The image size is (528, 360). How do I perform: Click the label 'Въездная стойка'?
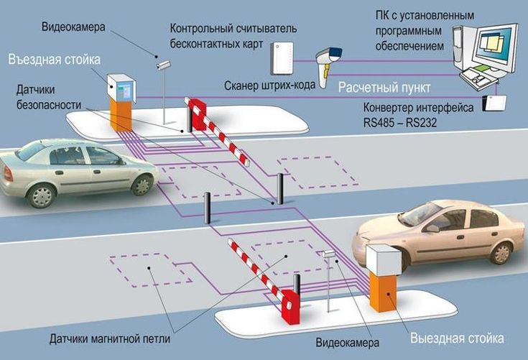[x=55, y=58]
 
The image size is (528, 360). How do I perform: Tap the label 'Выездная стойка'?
[x=457, y=338]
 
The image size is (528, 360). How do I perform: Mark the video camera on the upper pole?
[x=165, y=64]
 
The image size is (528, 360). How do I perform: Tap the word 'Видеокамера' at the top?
[x=73, y=27]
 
